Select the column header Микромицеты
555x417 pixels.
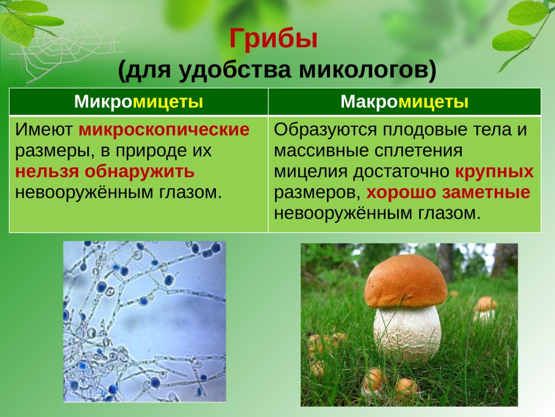[x=138, y=102]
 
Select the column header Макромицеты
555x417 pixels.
[x=404, y=102]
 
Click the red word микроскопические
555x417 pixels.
[x=164, y=130]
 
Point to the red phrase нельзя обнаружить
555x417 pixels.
[x=105, y=171]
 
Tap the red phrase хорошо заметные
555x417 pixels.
[x=448, y=192]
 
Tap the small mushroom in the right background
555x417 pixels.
[x=485, y=305]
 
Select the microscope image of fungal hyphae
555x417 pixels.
[x=145, y=321]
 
